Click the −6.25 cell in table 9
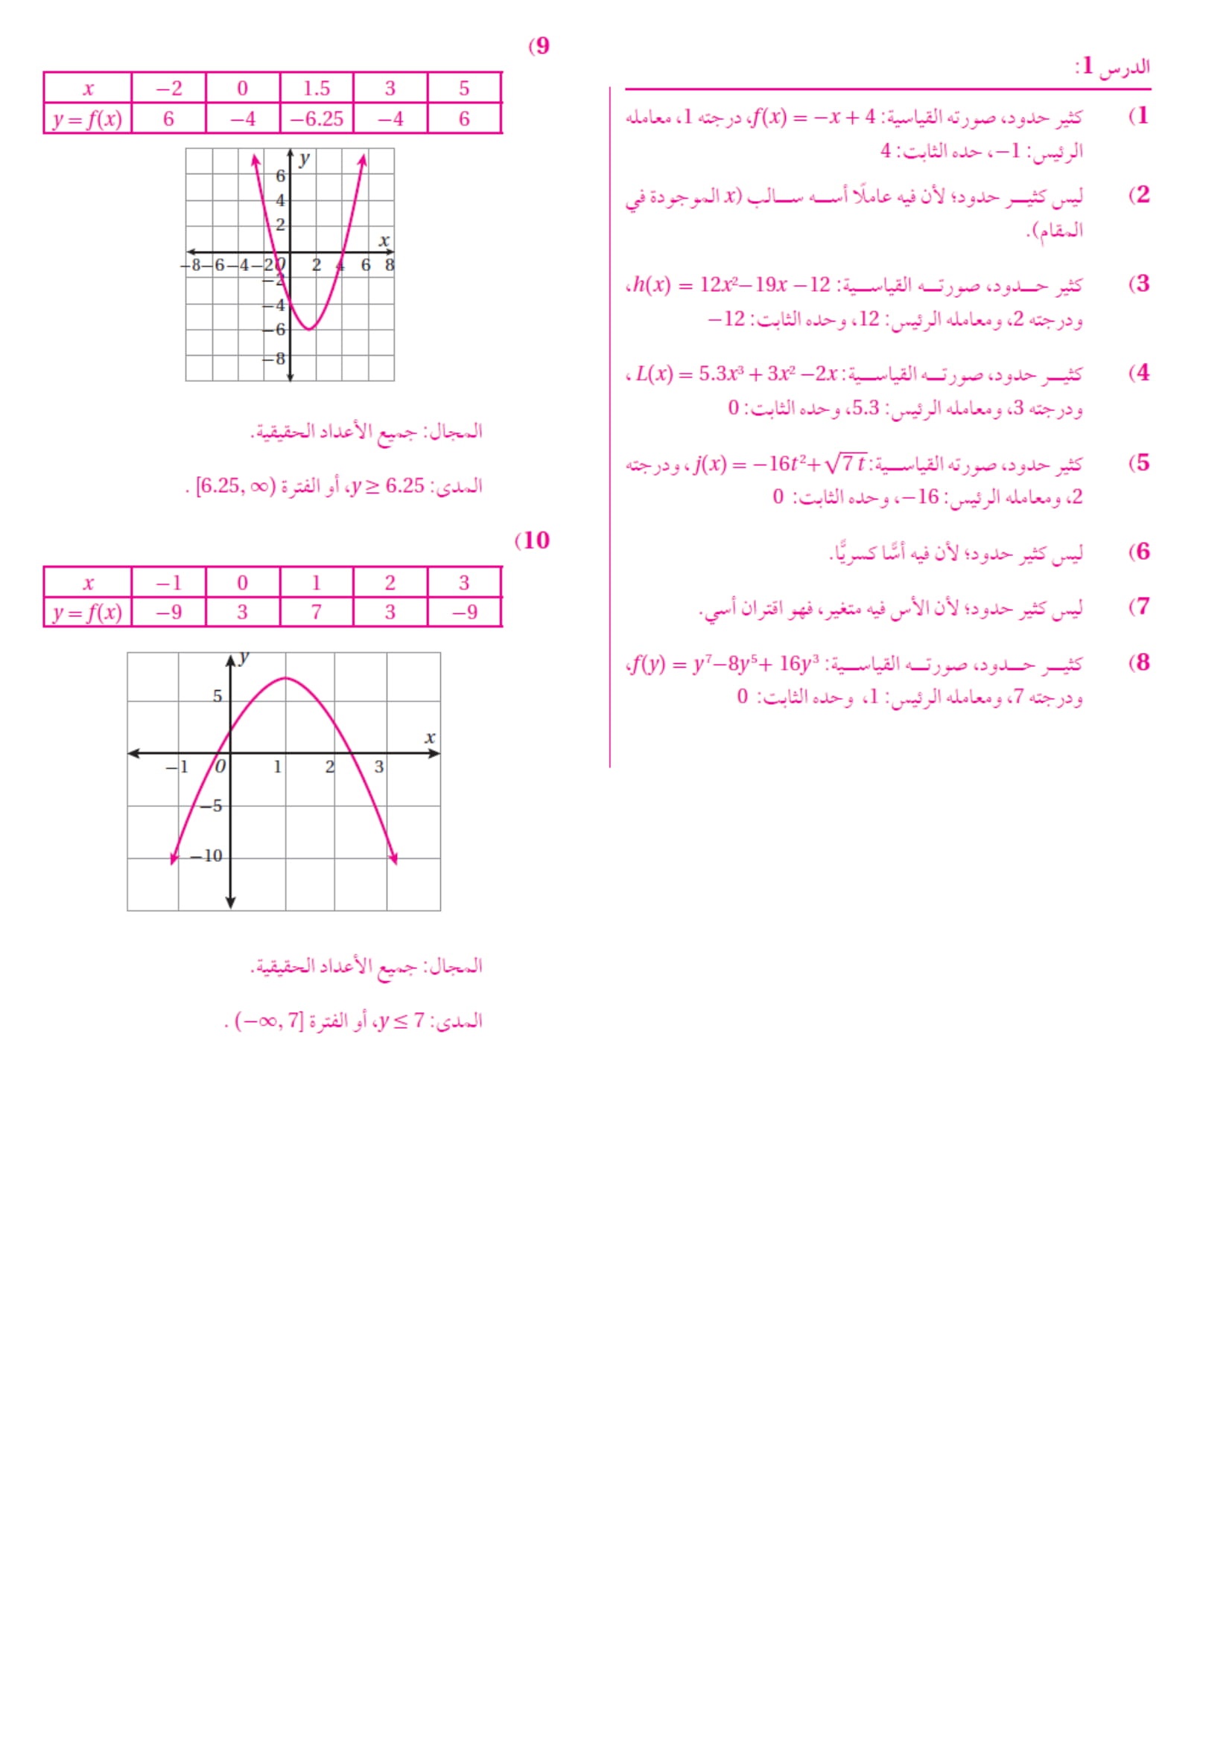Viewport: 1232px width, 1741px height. pyautogui.click(x=317, y=119)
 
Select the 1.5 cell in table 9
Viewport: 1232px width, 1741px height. pyautogui.click(x=317, y=89)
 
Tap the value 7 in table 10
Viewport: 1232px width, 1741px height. pyautogui.click(x=317, y=613)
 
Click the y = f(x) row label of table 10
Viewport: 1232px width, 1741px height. pyautogui.click(x=87, y=613)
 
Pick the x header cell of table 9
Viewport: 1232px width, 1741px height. pyautogui.click(x=88, y=89)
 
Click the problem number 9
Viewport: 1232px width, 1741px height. pyautogui.click(x=541, y=46)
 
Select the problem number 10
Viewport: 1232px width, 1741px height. pyautogui.click(x=535, y=540)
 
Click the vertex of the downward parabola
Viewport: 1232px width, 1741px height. pyautogui.click(x=285, y=678)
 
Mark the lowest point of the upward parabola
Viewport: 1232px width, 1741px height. pyautogui.click(x=310, y=329)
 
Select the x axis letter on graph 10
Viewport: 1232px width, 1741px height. pyautogui.click(x=430, y=737)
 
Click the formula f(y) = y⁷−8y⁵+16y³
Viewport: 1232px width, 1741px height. pyautogui.click(x=725, y=664)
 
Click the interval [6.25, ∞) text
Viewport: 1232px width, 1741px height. pyautogui.click(x=234, y=486)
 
